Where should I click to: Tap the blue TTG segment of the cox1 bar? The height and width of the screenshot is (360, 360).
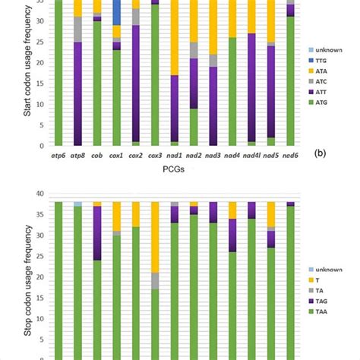[x=116, y=11]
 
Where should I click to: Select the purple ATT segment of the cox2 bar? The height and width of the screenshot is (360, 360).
[x=135, y=84]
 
